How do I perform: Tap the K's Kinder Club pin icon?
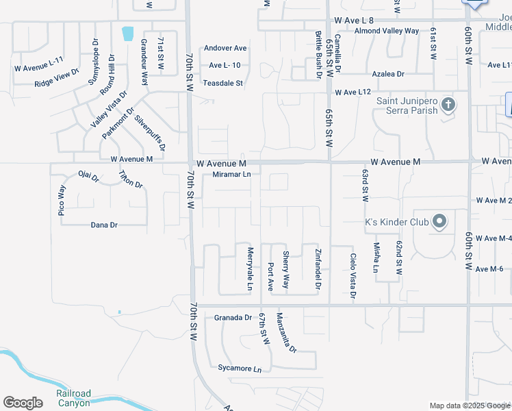point(439,222)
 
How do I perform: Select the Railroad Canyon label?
point(74,398)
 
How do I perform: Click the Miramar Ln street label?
point(232,175)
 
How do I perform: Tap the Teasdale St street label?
point(223,84)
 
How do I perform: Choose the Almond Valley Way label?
point(387,32)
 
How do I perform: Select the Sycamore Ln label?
point(240,369)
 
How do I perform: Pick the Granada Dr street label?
point(233,318)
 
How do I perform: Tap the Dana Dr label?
point(104,225)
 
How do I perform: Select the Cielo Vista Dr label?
point(353,277)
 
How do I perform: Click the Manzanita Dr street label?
point(286,332)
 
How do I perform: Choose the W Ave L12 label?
point(353,92)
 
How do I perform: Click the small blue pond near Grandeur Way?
point(127,32)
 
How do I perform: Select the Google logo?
point(23,403)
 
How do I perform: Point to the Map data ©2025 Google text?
point(470,406)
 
